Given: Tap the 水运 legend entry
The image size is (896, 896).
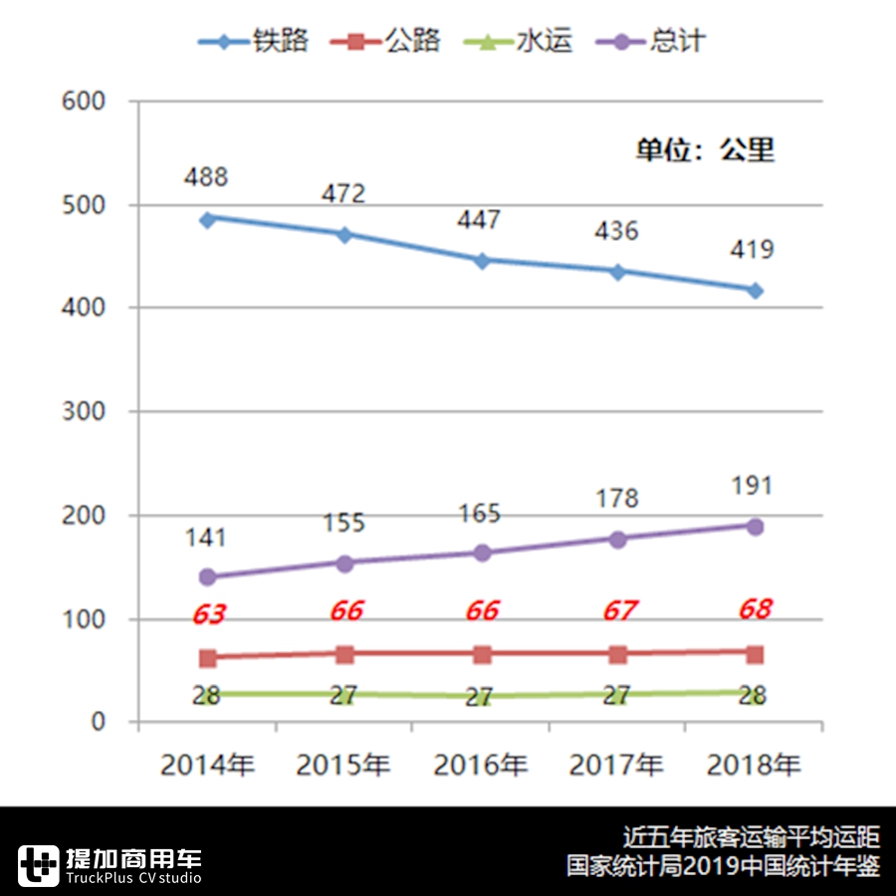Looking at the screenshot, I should pos(518,41).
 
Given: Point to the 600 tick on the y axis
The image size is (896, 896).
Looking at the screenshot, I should pos(84,102).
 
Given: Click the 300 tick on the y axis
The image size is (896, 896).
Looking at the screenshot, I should pos(84,411).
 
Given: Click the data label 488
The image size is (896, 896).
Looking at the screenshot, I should pos(206,177).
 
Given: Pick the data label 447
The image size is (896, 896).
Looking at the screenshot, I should pos(480,219).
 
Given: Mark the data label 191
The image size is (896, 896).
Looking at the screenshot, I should pos(752,486).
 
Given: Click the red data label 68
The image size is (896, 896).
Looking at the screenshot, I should pos(754,609).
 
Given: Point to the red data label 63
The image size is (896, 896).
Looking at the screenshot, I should pos(208,615).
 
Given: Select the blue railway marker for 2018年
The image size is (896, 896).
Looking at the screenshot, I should pos(756,291).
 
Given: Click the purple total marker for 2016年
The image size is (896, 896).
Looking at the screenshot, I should pos(482,553).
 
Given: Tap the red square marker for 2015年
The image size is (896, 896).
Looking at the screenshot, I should pos(344,654).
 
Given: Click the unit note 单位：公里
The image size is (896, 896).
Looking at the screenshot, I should pos(705,150).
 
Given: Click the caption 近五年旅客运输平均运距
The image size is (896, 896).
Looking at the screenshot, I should pos(752,836).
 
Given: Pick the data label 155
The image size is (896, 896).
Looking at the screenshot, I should pos(343,523).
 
